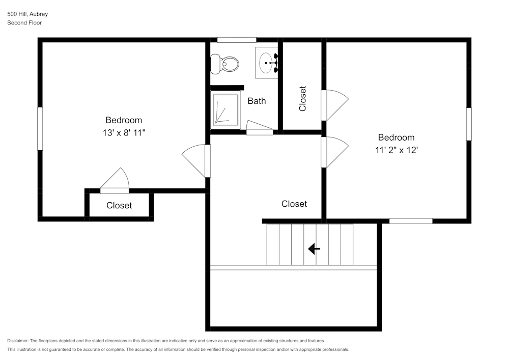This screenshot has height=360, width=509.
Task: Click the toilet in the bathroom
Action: coord(225,64)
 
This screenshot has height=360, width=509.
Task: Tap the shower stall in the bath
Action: coord(225,109)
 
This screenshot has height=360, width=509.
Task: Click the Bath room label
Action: coord(257,101)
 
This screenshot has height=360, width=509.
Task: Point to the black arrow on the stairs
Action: coord(314,248)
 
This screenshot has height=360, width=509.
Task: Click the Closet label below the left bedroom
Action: coord(119,205)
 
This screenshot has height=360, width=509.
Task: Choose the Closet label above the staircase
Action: coord(294,204)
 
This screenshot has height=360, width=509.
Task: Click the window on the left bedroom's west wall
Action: coord(40,128)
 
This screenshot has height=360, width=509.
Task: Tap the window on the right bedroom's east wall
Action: coord(469,124)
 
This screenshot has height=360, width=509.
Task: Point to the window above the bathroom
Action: coord(237,40)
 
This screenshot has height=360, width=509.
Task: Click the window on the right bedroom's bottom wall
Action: coord(411,221)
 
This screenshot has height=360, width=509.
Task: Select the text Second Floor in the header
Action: coord(24,23)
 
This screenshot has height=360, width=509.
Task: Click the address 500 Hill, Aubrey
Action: coord(27,14)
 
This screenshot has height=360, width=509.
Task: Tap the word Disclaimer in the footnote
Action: coord(18,341)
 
